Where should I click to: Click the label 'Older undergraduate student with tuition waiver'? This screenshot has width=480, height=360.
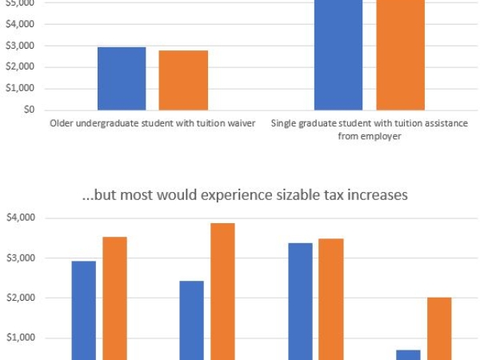pos(152,123)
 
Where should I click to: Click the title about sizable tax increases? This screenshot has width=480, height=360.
pos(244,194)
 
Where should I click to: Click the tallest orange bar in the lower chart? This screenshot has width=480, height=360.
pos(222,292)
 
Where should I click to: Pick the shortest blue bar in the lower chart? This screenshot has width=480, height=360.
pos(408,354)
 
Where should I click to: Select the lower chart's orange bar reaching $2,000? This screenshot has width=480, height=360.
pos(439,329)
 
